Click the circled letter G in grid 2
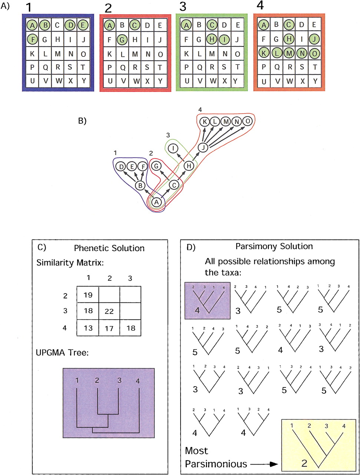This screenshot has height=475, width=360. [122, 40]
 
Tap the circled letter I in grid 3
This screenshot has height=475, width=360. [225, 39]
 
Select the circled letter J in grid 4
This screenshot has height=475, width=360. [314, 39]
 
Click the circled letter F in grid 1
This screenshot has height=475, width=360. [32, 40]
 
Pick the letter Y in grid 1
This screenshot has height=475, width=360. [84, 81]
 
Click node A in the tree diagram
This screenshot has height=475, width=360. [156, 202]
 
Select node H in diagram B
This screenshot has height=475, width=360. [189, 166]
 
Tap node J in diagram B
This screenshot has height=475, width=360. [203, 148]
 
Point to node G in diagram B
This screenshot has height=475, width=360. [156, 166]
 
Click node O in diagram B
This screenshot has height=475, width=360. [248, 121]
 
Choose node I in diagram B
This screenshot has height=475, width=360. [173, 148]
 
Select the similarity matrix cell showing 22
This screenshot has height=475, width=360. [109, 311]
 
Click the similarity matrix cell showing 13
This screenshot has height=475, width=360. [88, 328]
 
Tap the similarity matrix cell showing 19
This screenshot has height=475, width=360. [88, 295]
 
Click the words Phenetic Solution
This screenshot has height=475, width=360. [109, 248]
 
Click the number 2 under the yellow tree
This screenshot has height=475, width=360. [304, 463]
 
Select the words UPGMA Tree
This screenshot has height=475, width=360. [62, 353]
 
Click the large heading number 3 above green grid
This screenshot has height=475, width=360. [183, 7]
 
